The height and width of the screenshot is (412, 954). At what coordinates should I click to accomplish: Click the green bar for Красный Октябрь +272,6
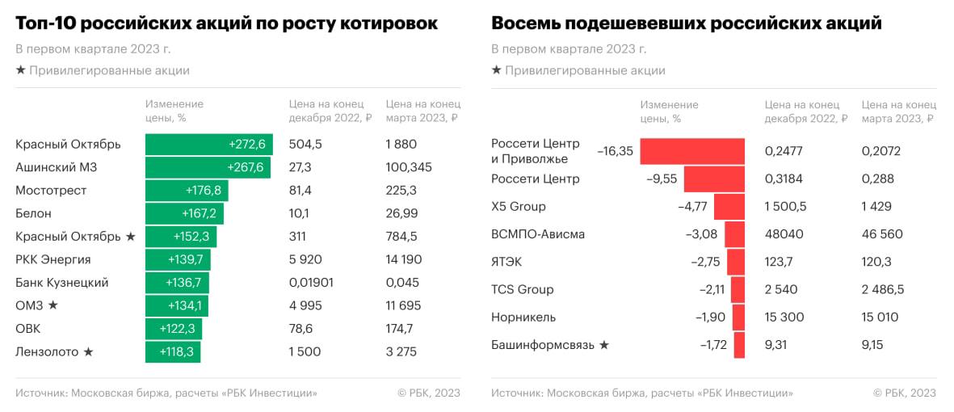208,145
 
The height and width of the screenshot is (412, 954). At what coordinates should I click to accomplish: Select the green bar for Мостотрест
187,191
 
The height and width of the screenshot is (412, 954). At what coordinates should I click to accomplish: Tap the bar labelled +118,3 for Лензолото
173,352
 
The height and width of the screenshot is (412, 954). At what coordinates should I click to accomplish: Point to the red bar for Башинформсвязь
738,345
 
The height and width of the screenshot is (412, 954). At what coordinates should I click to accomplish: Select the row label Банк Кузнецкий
61,283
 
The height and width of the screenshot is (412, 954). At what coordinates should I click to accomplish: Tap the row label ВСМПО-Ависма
537,234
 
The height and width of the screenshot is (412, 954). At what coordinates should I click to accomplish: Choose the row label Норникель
523,317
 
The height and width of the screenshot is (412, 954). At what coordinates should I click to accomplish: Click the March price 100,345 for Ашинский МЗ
409,167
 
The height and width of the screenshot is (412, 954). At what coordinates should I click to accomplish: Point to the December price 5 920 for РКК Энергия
306,259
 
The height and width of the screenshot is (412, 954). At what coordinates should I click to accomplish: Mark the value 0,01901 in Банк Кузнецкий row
311,283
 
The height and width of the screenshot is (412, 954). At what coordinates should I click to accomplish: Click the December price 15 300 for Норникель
784,317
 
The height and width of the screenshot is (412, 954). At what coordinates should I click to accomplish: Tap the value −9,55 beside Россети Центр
662,179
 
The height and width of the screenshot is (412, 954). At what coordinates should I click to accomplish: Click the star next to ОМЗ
53,305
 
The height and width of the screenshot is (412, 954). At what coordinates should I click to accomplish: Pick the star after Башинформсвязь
603,345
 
